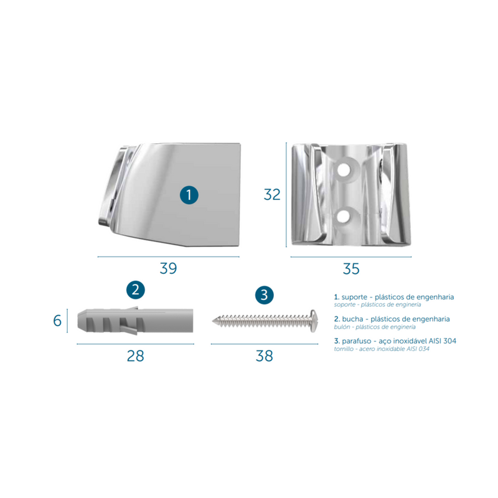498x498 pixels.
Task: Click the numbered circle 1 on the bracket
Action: click(x=189, y=195)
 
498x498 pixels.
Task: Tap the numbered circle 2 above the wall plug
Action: click(x=136, y=290)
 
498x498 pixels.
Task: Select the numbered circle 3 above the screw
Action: click(x=264, y=295)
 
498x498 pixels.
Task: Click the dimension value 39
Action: click(x=168, y=268)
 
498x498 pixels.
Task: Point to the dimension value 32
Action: click(x=272, y=195)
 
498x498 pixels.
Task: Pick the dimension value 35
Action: click(x=351, y=269)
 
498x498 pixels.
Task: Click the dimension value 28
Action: click(x=136, y=356)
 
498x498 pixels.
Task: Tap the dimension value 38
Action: click(x=264, y=356)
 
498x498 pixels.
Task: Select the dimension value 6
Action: click(x=57, y=321)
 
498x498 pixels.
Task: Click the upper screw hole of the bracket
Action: click(x=344, y=169)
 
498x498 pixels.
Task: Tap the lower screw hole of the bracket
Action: click(x=344, y=216)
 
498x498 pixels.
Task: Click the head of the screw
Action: click(x=314, y=321)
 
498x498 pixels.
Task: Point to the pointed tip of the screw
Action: click(x=213, y=321)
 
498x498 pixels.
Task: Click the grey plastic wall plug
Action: click(x=135, y=321)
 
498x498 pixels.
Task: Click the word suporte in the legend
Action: click(x=354, y=298)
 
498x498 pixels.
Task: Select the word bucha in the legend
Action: click(x=352, y=319)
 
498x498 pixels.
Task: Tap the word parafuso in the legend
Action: click(x=357, y=341)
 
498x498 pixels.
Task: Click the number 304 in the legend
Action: click(x=449, y=341)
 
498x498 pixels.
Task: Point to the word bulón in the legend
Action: click(x=341, y=327)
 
